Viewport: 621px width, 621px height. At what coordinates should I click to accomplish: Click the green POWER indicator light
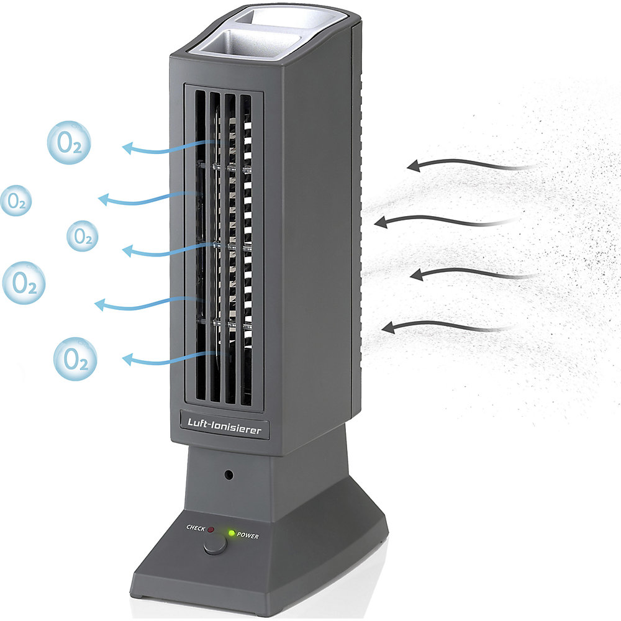coord(231,533)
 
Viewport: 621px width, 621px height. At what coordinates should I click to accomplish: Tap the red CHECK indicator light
coord(211,530)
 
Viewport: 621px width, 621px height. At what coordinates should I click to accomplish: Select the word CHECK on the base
coord(196,528)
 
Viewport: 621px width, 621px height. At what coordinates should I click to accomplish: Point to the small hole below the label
coord(229,474)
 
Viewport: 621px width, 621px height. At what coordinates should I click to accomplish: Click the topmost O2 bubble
coord(69,143)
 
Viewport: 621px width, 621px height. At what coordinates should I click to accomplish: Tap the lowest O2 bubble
coord(75,359)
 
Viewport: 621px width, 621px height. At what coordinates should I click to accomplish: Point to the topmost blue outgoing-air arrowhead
coord(127,148)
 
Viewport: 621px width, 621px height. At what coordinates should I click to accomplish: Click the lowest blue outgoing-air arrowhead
coord(127,359)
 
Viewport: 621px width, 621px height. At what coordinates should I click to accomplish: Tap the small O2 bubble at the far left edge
coord(16,201)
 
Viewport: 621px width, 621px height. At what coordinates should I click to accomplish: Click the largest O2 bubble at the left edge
coord(24,283)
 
